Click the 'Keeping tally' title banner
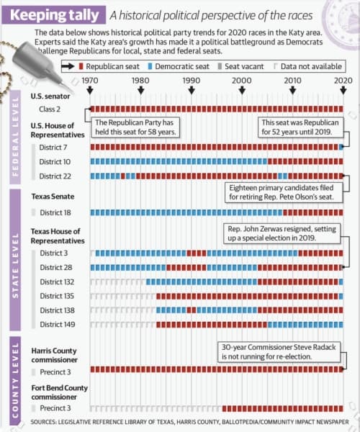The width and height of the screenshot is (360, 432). point(54,15)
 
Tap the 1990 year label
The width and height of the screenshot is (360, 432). point(191,81)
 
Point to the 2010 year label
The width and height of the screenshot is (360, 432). point(292,81)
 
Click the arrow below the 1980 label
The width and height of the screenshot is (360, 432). point(140,91)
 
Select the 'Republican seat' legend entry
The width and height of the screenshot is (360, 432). point(109,66)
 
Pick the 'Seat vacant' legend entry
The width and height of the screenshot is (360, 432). point(240,66)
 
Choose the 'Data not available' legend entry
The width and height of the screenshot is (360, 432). point(307,66)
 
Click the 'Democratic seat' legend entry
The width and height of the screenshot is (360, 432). point(179,66)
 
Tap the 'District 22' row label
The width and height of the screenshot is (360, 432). point(55,176)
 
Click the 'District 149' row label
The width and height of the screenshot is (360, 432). point(58,324)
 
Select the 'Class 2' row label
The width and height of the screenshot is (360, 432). point(50,109)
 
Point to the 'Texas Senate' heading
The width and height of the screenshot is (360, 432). point(53,197)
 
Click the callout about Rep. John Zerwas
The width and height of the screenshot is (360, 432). point(282,233)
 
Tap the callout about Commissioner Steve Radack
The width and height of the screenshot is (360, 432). point(279,352)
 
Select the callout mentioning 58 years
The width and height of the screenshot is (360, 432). point(135,127)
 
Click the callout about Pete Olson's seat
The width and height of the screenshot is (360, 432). point(284,192)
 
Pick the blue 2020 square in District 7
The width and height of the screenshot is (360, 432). point(341,147)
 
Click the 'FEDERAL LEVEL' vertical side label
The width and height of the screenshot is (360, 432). point(15,137)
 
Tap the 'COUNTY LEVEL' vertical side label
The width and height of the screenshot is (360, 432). point(15,380)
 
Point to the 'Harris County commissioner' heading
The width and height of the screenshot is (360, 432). point(55,355)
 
